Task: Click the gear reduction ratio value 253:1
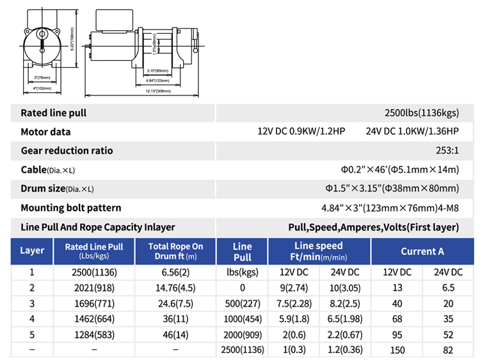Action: [445, 151]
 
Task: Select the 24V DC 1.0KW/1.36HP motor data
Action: [412, 132]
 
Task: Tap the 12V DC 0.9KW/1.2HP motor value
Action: [301, 132]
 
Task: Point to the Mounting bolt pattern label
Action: [71, 208]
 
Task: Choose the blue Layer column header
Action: [32, 250]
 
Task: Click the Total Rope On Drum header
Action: [175, 250]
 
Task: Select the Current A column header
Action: [422, 251]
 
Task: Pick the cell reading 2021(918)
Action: [94, 288]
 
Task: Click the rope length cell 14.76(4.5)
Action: [175, 288]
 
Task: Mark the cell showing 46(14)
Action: [175, 335]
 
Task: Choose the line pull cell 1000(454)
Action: [242, 320]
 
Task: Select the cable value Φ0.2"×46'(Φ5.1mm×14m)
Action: [399, 170]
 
